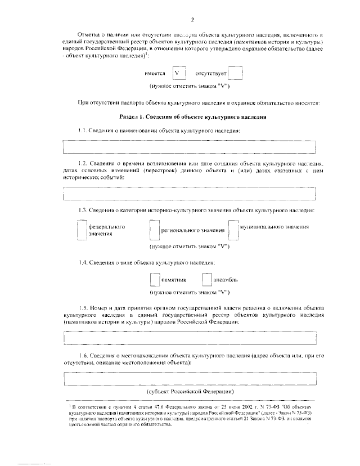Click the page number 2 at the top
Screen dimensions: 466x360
click(x=192, y=20)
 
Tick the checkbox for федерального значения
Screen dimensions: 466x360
click(x=82, y=230)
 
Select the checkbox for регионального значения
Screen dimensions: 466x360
click(x=155, y=230)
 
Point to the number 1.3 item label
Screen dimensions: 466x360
click(x=84, y=210)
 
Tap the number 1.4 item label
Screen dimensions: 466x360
click(x=84, y=263)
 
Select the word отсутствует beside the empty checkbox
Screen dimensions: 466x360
click(x=210, y=74)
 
